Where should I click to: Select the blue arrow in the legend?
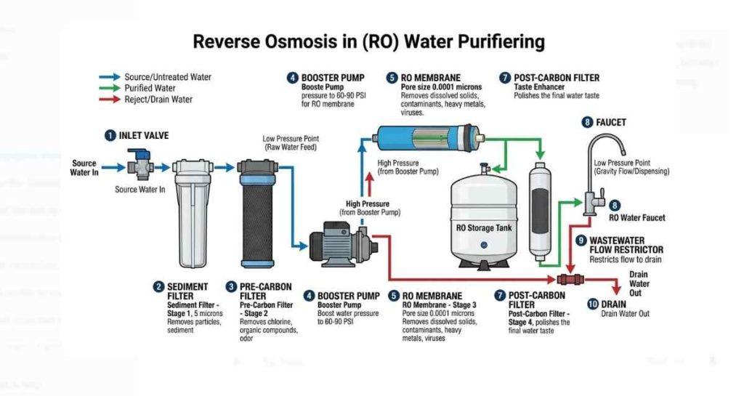tap(109, 76)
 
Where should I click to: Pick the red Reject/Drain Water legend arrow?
tap(109, 100)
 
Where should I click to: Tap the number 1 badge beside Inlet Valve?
tap(110, 134)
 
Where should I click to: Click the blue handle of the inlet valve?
tap(145, 155)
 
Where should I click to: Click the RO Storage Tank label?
tap(483, 228)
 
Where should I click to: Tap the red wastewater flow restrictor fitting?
tap(568, 279)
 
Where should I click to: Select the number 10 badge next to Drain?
tap(592, 304)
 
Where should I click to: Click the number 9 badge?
tap(581, 241)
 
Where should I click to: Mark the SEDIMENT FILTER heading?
tap(187, 291)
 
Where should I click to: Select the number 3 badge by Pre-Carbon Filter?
tap(232, 287)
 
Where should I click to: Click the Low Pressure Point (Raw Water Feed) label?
tap(292, 143)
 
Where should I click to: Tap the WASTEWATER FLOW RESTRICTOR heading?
tap(626, 245)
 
